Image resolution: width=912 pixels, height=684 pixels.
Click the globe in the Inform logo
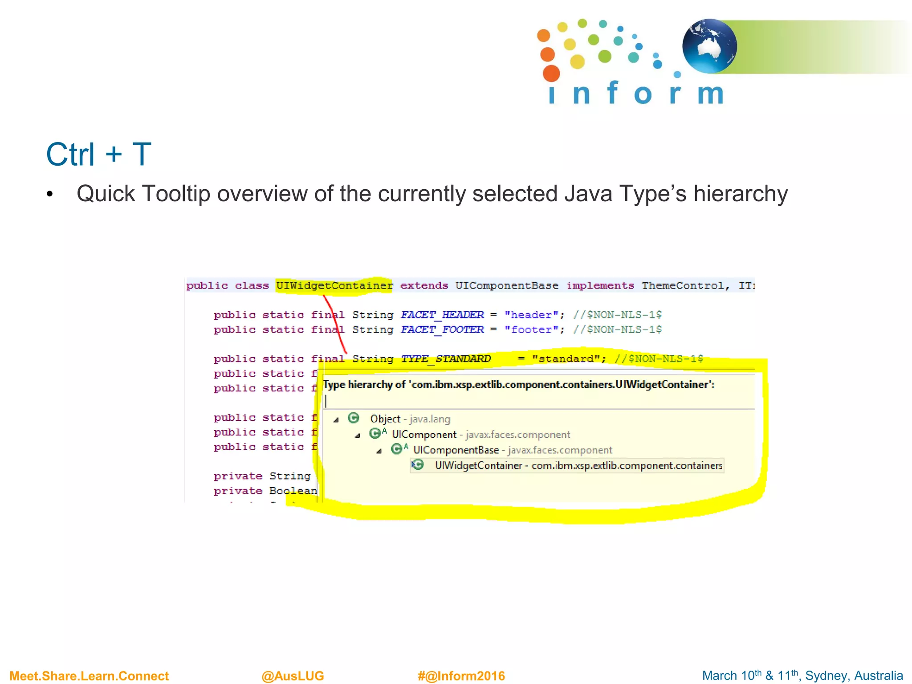(x=709, y=46)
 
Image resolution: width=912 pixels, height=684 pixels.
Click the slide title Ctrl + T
(x=98, y=155)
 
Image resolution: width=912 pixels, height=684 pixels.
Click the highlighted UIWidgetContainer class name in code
(x=334, y=285)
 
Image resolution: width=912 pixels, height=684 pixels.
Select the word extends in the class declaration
(x=424, y=285)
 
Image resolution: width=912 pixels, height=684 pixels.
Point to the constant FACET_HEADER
(x=442, y=315)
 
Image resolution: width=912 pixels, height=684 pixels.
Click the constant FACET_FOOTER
(x=442, y=330)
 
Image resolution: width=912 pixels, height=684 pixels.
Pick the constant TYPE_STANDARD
(x=446, y=359)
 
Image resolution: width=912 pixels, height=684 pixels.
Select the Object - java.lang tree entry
(x=410, y=419)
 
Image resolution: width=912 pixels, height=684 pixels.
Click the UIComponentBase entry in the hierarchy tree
(x=456, y=450)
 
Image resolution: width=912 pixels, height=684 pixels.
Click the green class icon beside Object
(x=354, y=418)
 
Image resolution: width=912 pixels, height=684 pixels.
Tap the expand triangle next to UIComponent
(x=358, y=436)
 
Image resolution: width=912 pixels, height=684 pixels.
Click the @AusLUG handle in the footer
(x=293, y=676)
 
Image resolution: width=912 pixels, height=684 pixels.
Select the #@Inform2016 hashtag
(x=461, y=676)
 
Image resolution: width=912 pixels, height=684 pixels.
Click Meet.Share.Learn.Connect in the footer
(x=89, y=676)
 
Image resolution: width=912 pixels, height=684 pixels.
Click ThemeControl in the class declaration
(x=682, y=285)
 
